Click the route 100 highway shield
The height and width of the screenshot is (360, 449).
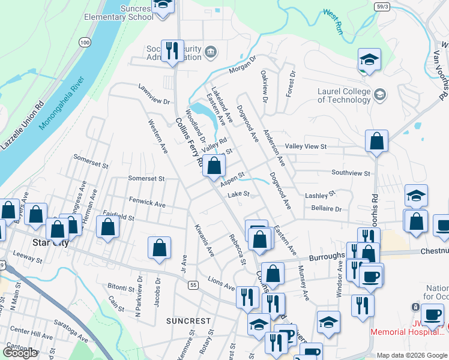[85, 43]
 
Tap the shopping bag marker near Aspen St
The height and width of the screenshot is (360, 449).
[214, 165]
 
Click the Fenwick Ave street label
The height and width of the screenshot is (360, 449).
[147, 204]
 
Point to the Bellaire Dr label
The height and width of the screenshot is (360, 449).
[326, 209]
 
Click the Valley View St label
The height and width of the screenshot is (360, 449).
[306, 146]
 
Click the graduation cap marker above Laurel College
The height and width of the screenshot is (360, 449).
[369, 59]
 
